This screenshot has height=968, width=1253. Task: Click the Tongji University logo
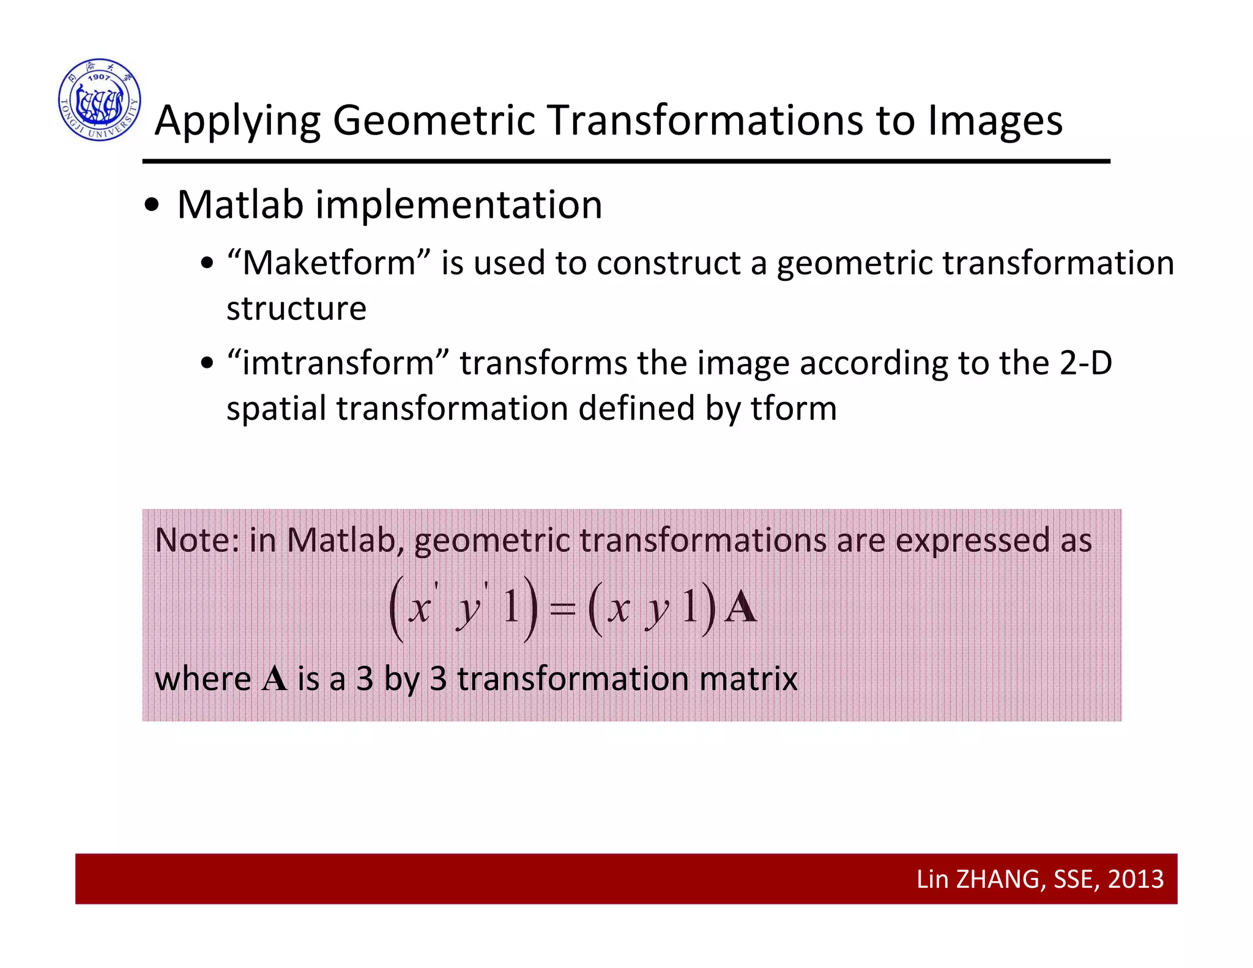pyautogui.click(x=100, y=100)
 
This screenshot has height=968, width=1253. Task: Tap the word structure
pyautogui.click(x=296, y=308)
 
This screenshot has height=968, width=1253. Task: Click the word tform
pyautogui.click(x=794, y=408)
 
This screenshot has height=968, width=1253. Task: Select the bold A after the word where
pyautogui.click(x=274, y=679)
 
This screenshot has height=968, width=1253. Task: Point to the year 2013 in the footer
pyautogui.click(x=1136, y=879)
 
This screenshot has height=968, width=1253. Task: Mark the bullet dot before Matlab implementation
pyautogui.click(x=152, y=206)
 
